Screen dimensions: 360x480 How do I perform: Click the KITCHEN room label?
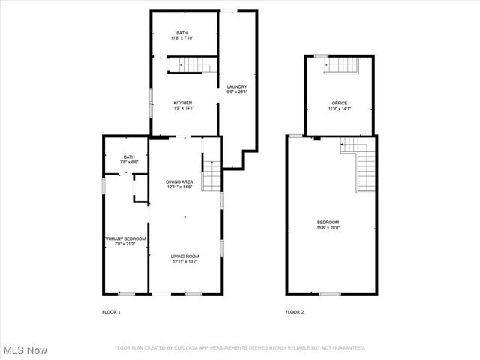point(184,103)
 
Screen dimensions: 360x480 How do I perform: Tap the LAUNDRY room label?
point(237,87)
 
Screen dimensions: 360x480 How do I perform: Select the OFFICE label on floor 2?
point(340,103)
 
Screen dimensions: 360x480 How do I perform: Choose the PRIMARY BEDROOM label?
point(125,238)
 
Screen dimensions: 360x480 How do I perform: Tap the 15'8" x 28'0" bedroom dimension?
point(328,228)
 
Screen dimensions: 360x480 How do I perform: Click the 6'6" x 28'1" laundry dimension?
point(237,92)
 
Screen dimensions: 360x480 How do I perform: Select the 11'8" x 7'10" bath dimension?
point(182,38)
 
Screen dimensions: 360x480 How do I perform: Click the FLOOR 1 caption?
point(111,311)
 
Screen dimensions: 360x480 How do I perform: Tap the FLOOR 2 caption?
point(295,311)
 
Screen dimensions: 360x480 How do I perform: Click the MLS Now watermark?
point(25,350)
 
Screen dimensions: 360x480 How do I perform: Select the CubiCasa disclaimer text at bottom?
point(240,347)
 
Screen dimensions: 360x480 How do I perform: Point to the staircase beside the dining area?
point(212,177)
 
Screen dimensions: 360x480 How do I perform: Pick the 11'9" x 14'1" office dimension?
point(340,109)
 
